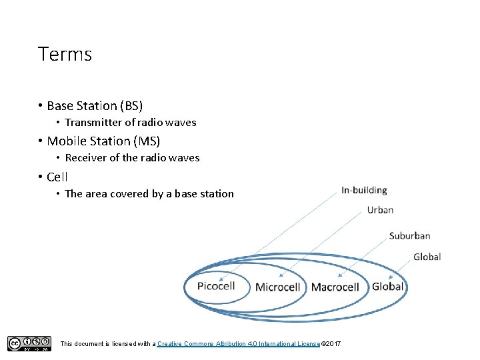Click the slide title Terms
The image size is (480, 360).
click(65, 54)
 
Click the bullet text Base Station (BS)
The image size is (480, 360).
click(95, 105)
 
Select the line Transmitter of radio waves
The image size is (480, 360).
click(130, 122)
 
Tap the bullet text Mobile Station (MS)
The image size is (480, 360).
click(103, 141)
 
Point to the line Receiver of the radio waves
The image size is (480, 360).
click(132, 158)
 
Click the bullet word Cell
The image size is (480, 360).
click(57, 177)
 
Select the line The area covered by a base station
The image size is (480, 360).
click(149, 194)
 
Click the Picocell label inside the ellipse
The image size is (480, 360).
click(216, 287)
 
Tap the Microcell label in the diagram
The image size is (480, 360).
click(278, 287)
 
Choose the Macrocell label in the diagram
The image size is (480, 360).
click(335, 287)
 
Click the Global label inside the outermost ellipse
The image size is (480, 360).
click(387, 287)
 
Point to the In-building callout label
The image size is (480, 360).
click(364, 191)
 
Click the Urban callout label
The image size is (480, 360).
click(380, 210)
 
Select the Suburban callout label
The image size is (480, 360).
click(409, 235)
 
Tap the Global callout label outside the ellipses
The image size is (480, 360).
click(427, 257)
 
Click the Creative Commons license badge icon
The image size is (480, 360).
click(29, 343)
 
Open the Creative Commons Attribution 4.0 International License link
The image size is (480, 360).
click(239, 343)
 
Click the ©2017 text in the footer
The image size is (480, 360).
click(331, 343)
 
